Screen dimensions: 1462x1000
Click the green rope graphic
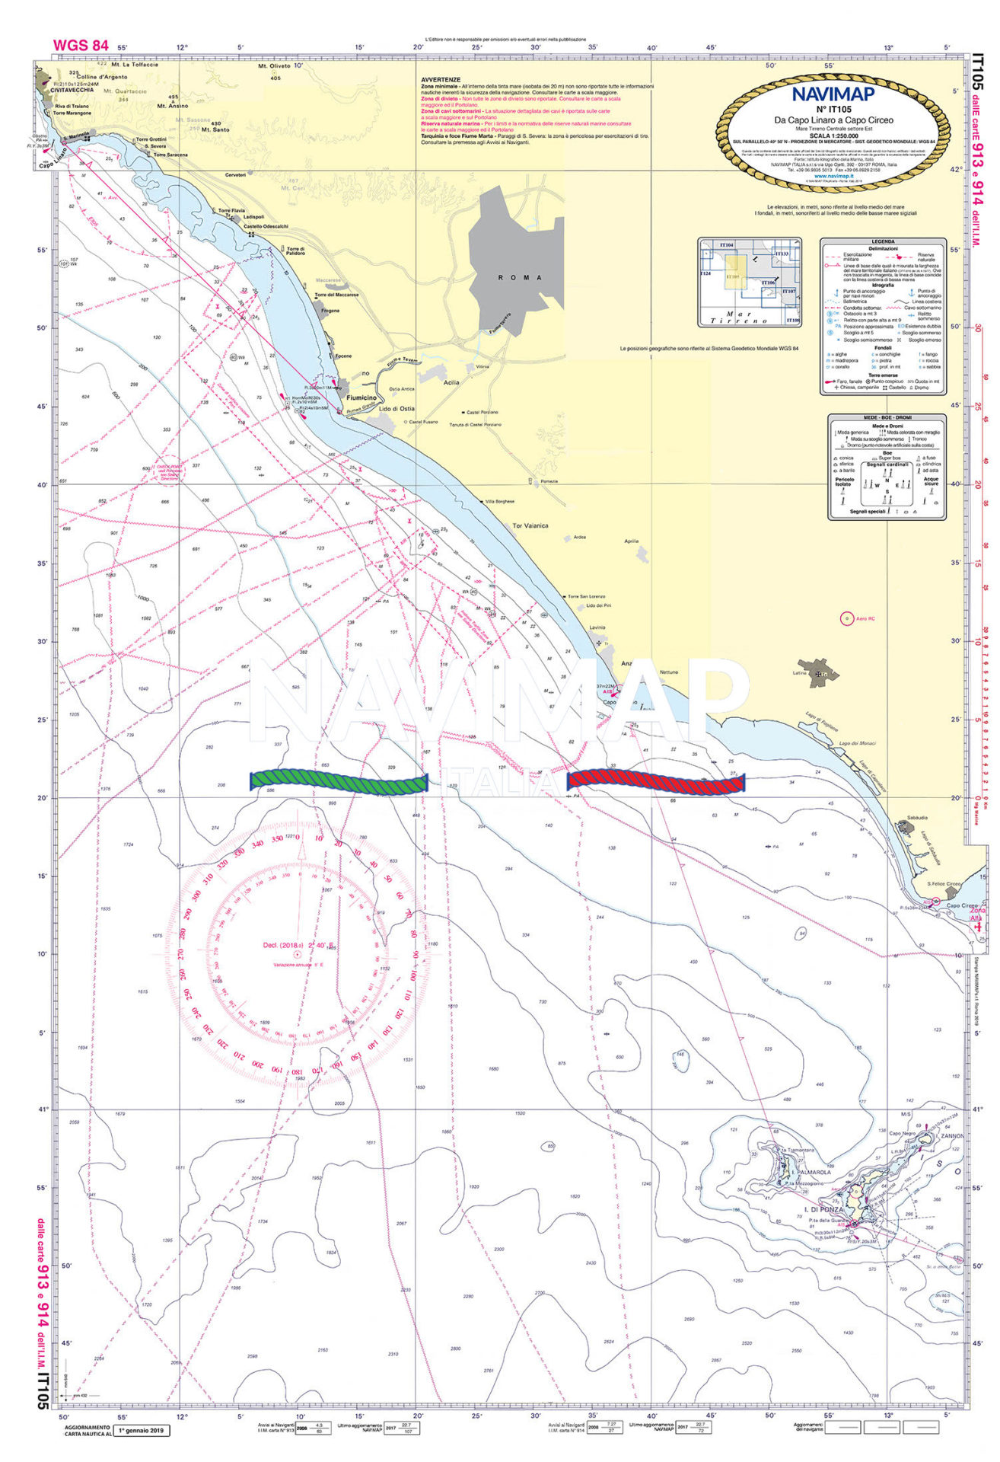pyautogui.click(x=339, y=782)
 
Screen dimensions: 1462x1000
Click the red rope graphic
pyautogui.click(x=656, y=781)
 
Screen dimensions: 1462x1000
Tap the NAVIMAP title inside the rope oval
pyautogui.click(x=833, y=94)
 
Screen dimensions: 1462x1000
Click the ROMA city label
pyautogui.click(x=521, y=277)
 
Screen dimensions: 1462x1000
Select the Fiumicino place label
pyautogui.click(x=361, y=397)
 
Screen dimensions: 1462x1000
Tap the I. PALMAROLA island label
pyautogui.click(x=810, y=1173)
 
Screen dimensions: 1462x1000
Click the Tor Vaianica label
pyautogui.click(x=530, y=525)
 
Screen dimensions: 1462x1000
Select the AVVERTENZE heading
pyautogui.click(x=441, y=80)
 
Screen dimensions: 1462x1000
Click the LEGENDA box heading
pyautogui.click(x=883, y=242)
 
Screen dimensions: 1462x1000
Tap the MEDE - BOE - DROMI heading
pyautogui.click(x=887, y=417)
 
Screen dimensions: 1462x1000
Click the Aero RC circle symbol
pyautogui.click(x=846, y=618)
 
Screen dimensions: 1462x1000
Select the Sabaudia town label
pyautogui.click(x=906, y=818)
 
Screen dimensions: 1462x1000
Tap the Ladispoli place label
pyautogui.click(x=253, y=217)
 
